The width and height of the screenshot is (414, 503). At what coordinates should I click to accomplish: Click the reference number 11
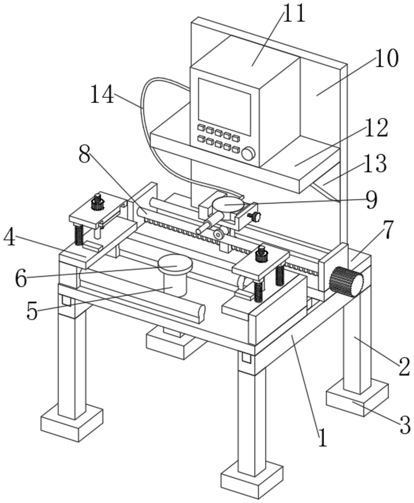[294, 13]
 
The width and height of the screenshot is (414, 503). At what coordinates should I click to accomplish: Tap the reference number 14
[102, 94]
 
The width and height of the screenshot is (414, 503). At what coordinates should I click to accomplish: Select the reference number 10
[386, 58]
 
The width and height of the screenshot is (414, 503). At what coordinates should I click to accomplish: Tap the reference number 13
[375, 164]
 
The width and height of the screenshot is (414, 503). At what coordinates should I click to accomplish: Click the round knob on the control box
[248, 154]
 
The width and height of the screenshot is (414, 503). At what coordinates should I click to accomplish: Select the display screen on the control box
[224, 106]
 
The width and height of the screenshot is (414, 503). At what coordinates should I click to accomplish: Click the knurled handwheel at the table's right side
[347, 282]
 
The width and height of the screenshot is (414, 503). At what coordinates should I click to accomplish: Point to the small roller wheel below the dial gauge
[219, 234]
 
